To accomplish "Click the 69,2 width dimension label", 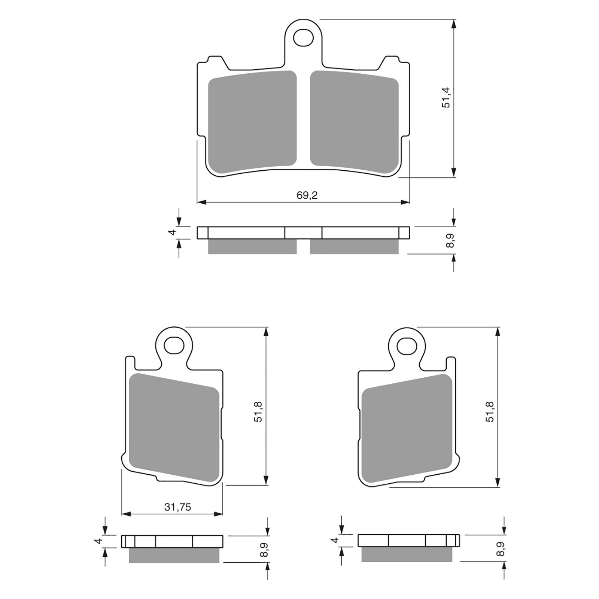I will tap(307, 195).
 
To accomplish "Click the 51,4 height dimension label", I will tap(446, 97).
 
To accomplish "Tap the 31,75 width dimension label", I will tap(177, 507).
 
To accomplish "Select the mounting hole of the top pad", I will tap(303, 37).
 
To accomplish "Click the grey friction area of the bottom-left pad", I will tap(174, 428).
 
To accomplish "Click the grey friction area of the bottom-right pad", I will tap(407, 428).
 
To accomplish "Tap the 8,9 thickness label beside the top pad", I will tap(450, 240).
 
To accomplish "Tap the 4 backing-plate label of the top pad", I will tap(173, 232).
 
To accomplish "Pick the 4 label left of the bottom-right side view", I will tap(335, 540).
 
